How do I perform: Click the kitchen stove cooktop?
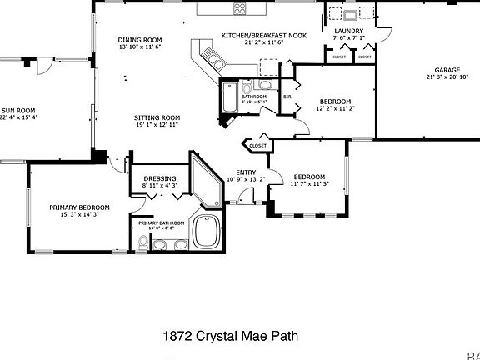[240, 10]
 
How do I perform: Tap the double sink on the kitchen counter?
[213, 60]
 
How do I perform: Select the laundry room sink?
[349, 13]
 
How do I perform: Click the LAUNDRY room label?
[350, 30]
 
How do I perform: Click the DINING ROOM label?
[140, 39]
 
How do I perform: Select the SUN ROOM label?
[18, 110]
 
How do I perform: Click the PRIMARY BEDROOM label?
[79, 207]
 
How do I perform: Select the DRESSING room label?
[158, 178]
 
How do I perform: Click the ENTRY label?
[246, 172]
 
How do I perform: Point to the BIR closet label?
[287, 97]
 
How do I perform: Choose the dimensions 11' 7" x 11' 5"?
[308, 184]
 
